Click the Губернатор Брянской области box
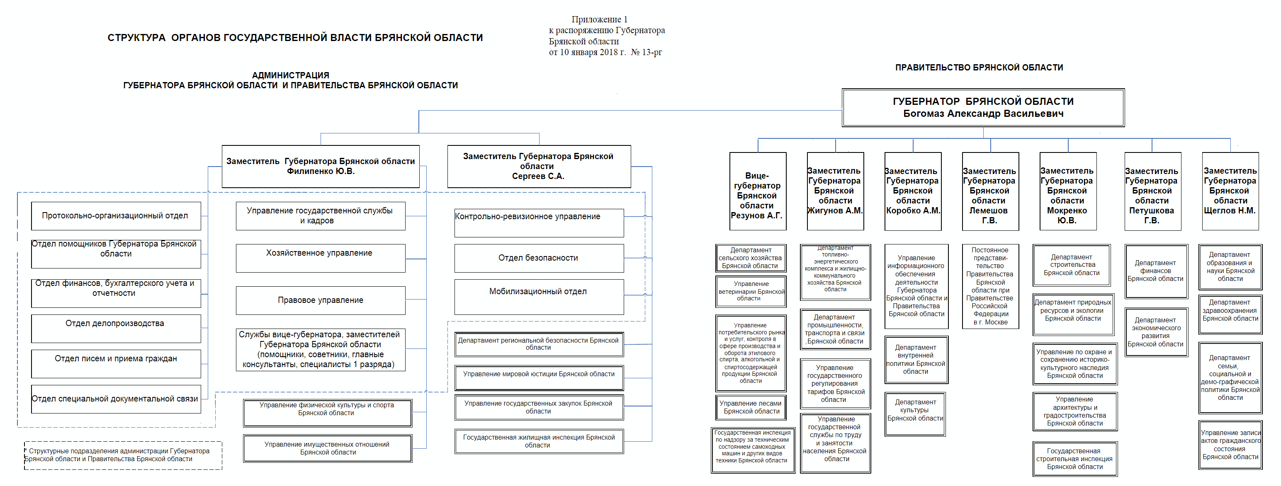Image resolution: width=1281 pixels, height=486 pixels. click(983, 107)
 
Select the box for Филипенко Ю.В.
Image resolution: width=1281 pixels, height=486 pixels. click(320, 167)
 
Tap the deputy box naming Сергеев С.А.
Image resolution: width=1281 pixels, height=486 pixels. click(539, 167)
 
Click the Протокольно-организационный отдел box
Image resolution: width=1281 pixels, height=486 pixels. click(115, 216)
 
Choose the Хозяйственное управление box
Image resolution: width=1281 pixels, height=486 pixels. click(320, 257)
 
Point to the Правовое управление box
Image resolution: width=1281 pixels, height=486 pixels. click(320, 300)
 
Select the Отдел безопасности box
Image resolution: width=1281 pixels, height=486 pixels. click(539, 258)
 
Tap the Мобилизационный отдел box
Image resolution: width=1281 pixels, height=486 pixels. click(539, 296)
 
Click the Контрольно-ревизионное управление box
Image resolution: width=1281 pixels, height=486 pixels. click(539, 222)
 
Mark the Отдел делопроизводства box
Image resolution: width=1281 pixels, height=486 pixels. click(115, 328)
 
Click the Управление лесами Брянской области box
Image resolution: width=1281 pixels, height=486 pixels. click(751, 407)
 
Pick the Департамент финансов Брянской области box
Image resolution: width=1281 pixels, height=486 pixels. click(1156, 271)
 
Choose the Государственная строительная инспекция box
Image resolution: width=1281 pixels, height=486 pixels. click(1074, 459)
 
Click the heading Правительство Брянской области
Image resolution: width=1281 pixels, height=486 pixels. click(979, 68)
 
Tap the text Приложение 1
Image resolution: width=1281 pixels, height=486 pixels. click(599, 19)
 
